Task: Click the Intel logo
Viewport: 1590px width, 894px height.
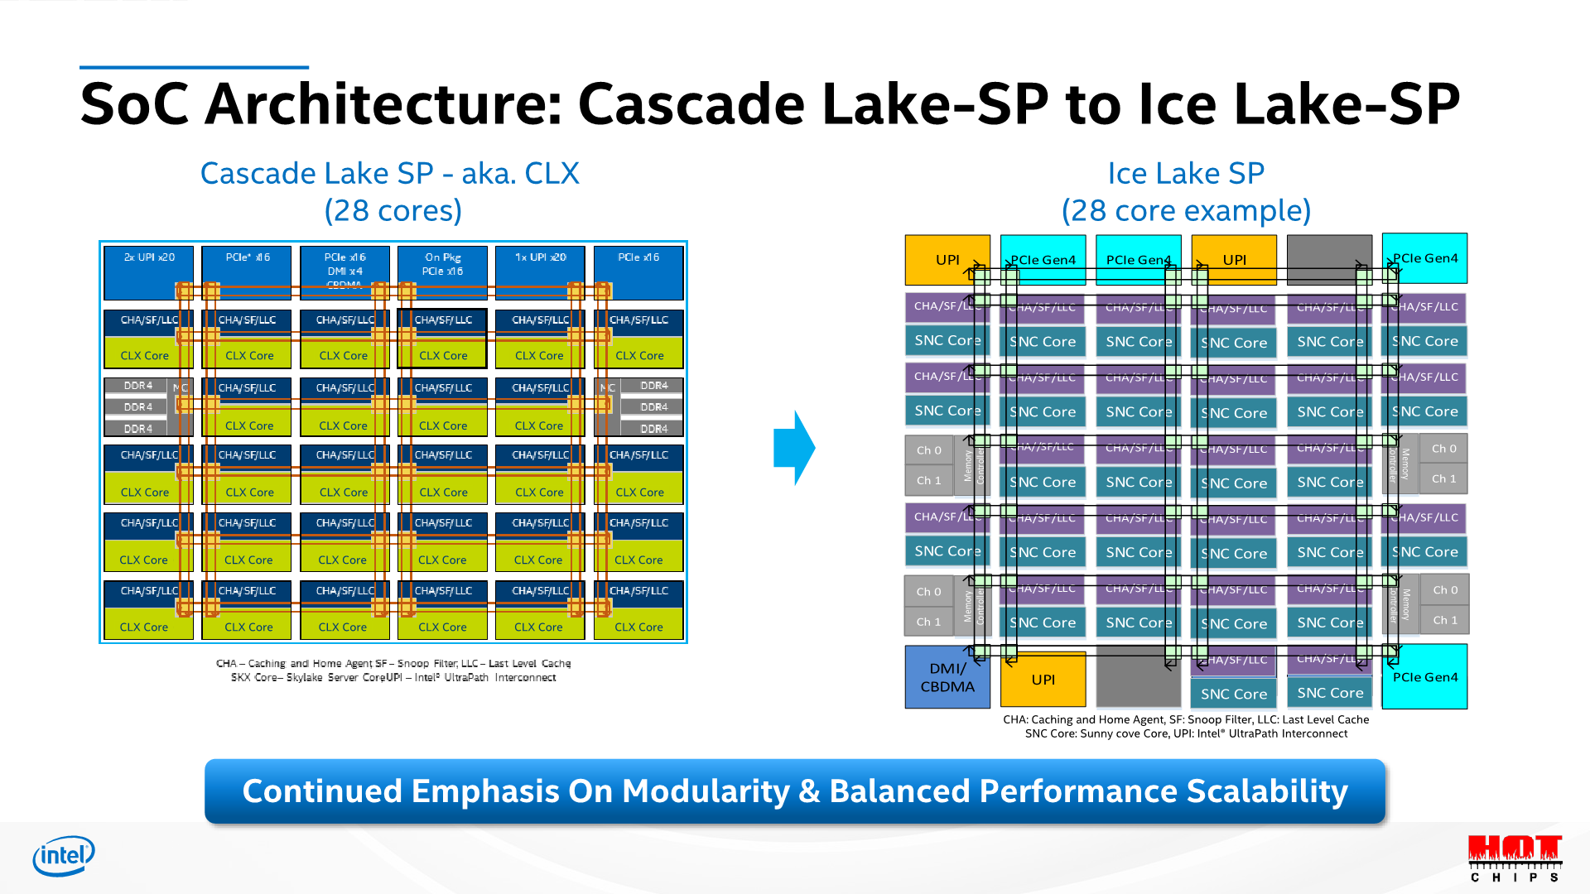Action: click(64, 856)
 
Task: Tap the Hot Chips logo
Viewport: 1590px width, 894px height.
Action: click(1515, 858)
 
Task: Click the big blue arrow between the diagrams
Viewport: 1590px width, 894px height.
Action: click(794, 448)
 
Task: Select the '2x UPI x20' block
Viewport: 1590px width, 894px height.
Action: click(149, 272)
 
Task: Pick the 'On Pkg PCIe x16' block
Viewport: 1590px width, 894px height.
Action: click(442, 272)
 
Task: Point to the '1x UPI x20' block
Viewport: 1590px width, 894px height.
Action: click(540, 272)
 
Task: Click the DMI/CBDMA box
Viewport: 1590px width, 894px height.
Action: click(947, 677)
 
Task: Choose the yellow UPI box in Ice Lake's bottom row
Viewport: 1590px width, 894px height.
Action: click(1043, 679)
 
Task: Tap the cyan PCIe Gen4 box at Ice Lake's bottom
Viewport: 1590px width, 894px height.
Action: click(1424, 677)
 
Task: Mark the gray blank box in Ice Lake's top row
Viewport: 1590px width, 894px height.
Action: click(1329, 259)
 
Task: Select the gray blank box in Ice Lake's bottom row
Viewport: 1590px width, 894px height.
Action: click(1138, 677)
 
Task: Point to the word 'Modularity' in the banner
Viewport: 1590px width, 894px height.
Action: click(706, 791)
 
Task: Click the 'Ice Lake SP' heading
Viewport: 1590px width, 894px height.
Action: click(1186, 173)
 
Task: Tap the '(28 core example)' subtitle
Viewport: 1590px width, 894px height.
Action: click(1186, 211)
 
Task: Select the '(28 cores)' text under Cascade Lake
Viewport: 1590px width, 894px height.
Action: click(393, 211)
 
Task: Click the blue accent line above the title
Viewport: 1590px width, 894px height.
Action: click(194, 67)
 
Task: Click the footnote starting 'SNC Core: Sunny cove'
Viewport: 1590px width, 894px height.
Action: click(1186, 733)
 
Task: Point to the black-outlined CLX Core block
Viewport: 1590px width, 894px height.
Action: click(442, 355)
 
